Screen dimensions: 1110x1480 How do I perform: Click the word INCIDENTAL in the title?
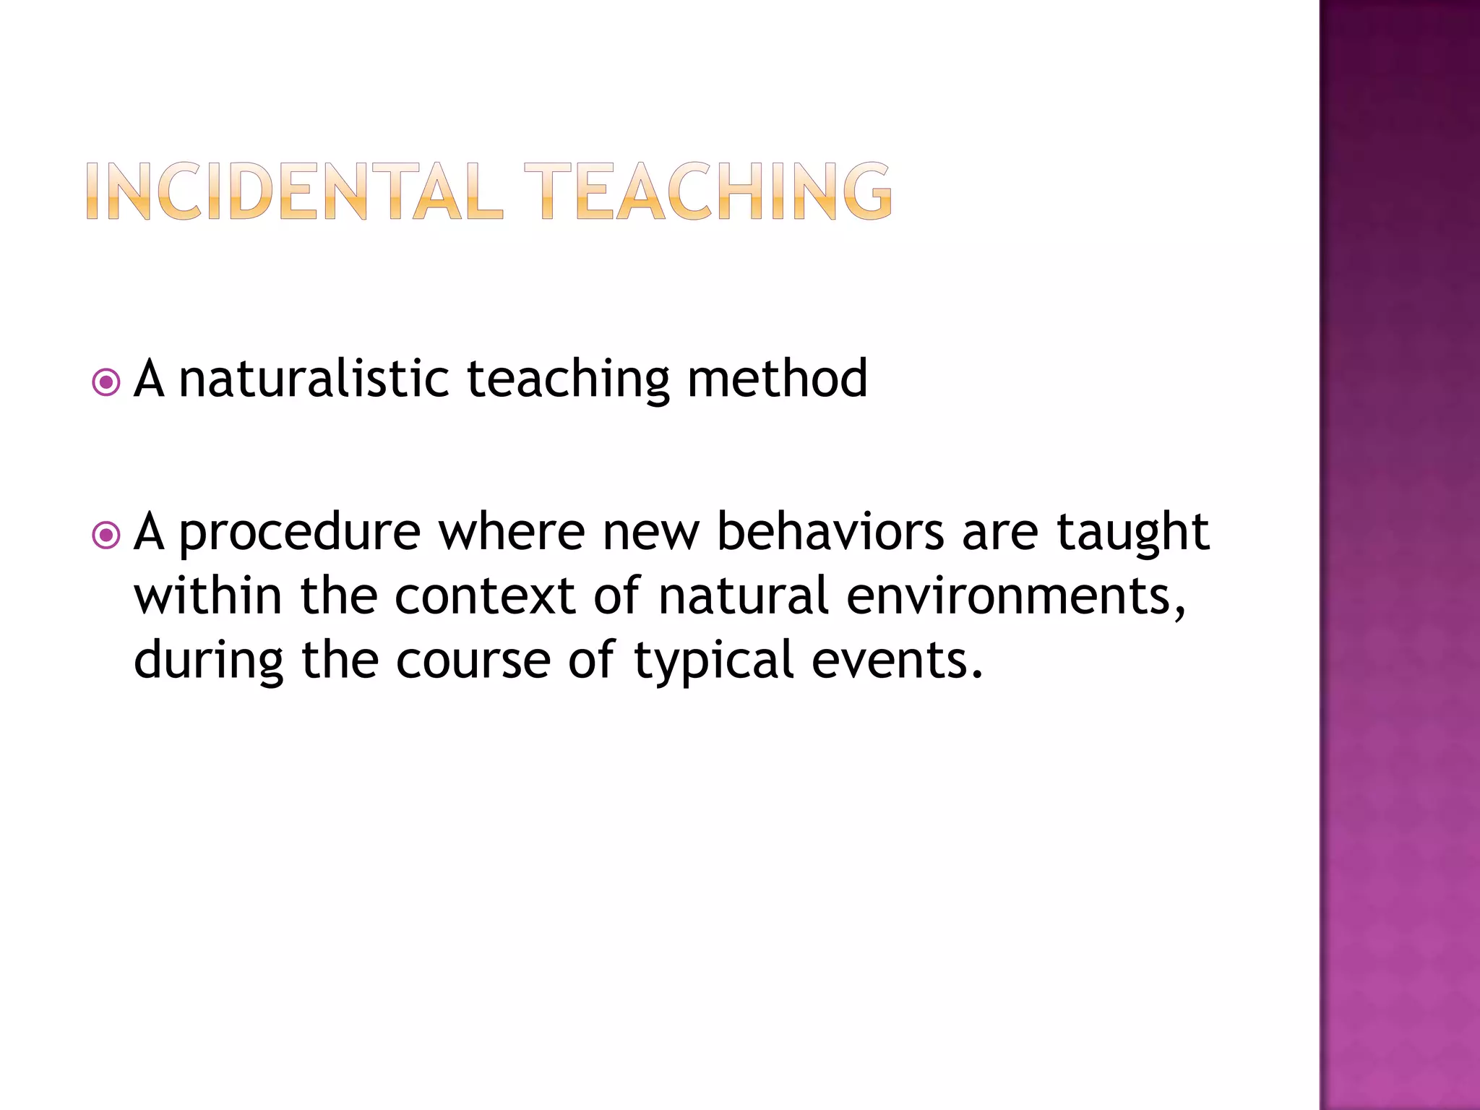point(294,191)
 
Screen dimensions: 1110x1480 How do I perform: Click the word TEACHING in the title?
point(708,191)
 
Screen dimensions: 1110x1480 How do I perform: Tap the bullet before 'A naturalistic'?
point(107,382)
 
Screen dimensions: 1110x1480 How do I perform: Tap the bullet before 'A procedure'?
point(107,535)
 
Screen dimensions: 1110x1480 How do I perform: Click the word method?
point(777,379)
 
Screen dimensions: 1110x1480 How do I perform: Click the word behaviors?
point(830,532)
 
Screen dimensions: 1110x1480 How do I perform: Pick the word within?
point(207,596)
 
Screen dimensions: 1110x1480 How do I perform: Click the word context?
point(485,596)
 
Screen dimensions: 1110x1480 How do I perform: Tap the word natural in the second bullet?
point(744,596)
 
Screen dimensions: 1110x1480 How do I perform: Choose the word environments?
point(1015,596)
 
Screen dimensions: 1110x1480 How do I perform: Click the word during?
point(209,661)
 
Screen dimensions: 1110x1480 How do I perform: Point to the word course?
point(473,661)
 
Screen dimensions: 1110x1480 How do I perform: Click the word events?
point(896,661)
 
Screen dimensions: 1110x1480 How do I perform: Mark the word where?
point(512,532)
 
